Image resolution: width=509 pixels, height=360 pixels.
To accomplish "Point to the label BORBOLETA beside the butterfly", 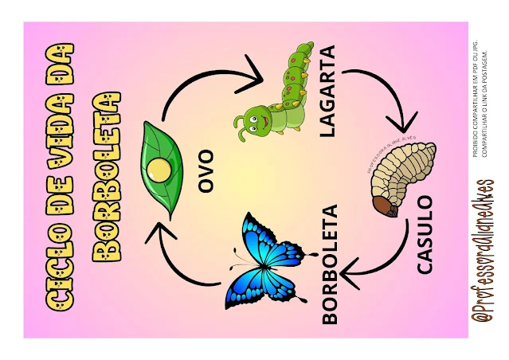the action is (330, 264).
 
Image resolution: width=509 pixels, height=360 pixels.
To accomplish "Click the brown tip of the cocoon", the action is (386, 209).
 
